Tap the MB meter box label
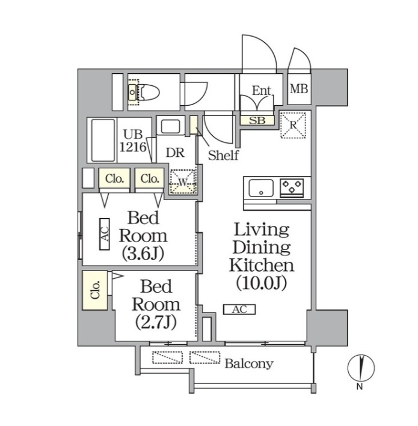(299, 89)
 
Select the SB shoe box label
(257, 120)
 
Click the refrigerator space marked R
(293, 125)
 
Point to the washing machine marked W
(183, 182)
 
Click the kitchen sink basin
(261, 187)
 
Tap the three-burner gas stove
(292, 187)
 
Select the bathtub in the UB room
(103, 140)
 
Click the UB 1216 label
(134, 141)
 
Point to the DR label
(175, 153)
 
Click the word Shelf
(223, 155)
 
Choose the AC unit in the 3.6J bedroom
(105, 234)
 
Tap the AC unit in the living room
(239, 309)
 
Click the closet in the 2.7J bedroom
(95, 290)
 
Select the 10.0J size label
(261, 284)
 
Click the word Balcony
(249, 364)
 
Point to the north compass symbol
(361, 368)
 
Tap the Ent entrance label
(262, 91)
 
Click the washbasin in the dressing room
(170, 126)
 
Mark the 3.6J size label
(143, 254)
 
